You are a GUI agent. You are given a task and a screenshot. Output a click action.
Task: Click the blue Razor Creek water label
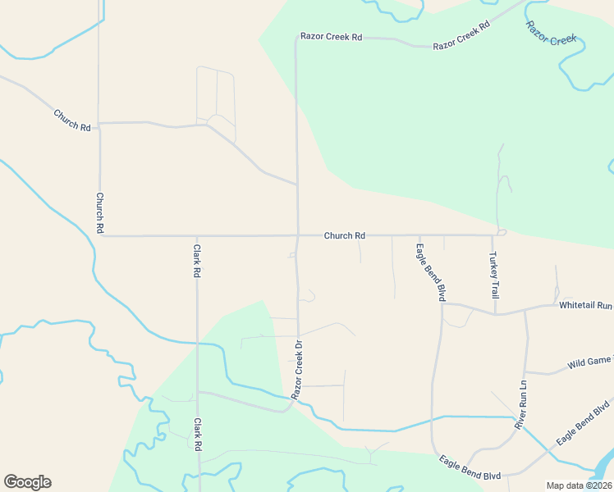552,34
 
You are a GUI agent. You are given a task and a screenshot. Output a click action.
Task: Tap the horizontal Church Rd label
344,235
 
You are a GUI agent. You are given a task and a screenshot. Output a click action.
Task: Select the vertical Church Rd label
99,213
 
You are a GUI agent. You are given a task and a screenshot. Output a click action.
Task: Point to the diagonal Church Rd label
72,120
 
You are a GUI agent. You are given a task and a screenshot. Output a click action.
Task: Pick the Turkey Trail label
494,276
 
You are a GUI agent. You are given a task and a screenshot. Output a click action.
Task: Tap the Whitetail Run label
585,305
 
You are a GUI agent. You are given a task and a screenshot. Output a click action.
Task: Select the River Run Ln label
520,405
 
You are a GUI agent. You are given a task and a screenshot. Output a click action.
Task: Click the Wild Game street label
589,362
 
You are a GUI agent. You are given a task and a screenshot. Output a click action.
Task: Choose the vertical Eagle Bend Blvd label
430,272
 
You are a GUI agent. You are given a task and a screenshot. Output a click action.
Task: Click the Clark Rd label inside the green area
197,435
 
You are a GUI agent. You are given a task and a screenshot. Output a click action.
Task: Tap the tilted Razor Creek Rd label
461,35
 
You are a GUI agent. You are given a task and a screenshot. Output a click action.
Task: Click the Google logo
27,482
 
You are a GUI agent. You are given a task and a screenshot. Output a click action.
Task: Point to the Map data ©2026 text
579,485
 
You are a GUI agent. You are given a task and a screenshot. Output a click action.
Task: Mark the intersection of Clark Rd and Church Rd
197,236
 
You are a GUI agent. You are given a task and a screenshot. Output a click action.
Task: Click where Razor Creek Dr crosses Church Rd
297,236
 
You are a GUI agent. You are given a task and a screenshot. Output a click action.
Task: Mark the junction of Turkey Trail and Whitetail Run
495,313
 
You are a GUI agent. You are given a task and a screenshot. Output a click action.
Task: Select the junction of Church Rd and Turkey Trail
493,235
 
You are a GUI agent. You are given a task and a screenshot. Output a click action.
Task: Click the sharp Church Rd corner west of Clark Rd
100,236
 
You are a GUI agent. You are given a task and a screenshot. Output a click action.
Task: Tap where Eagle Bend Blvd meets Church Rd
419,235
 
